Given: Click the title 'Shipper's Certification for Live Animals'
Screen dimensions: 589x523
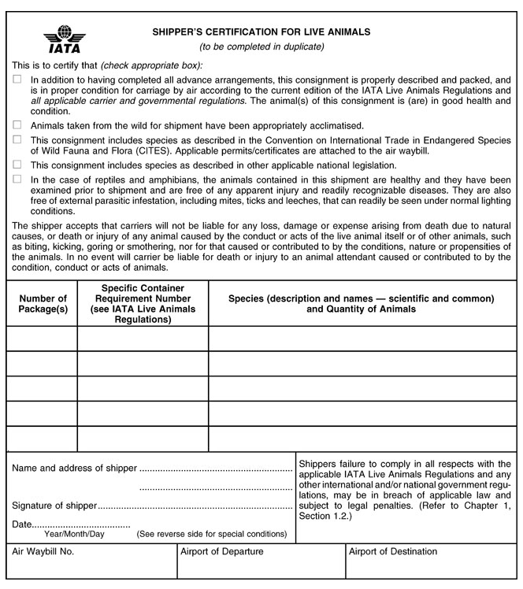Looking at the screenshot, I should tap(261, 32).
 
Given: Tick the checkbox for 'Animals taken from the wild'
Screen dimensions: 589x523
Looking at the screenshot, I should tap(17, 125).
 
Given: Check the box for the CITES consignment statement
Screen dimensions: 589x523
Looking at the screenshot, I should tap(17, 139).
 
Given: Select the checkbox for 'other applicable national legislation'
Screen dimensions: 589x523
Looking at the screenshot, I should tap(17, 165).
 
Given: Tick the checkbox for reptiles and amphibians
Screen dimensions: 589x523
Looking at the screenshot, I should tap(17, 179).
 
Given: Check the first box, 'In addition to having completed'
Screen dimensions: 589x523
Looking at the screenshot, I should tap(17, 80).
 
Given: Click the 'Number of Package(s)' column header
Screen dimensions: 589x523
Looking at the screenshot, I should tap(43, 303).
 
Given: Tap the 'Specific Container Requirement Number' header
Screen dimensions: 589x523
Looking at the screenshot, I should tap(143, 304).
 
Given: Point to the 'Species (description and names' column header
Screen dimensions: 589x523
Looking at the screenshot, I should tap(362, 304).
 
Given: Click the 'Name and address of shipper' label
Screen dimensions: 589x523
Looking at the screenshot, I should tap(74, 469).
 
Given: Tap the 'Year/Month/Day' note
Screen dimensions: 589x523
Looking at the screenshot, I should tap(74, 534).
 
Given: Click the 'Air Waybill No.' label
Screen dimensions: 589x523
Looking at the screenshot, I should tap(43, 552).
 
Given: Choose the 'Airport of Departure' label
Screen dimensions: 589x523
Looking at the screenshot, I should tap(222, 552).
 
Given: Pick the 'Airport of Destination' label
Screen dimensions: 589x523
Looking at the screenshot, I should tap(392, 552).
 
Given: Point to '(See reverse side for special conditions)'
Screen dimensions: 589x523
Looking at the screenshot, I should tap(211, 534).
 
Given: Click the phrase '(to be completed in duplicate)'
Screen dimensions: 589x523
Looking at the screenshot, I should tap(261, 48).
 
